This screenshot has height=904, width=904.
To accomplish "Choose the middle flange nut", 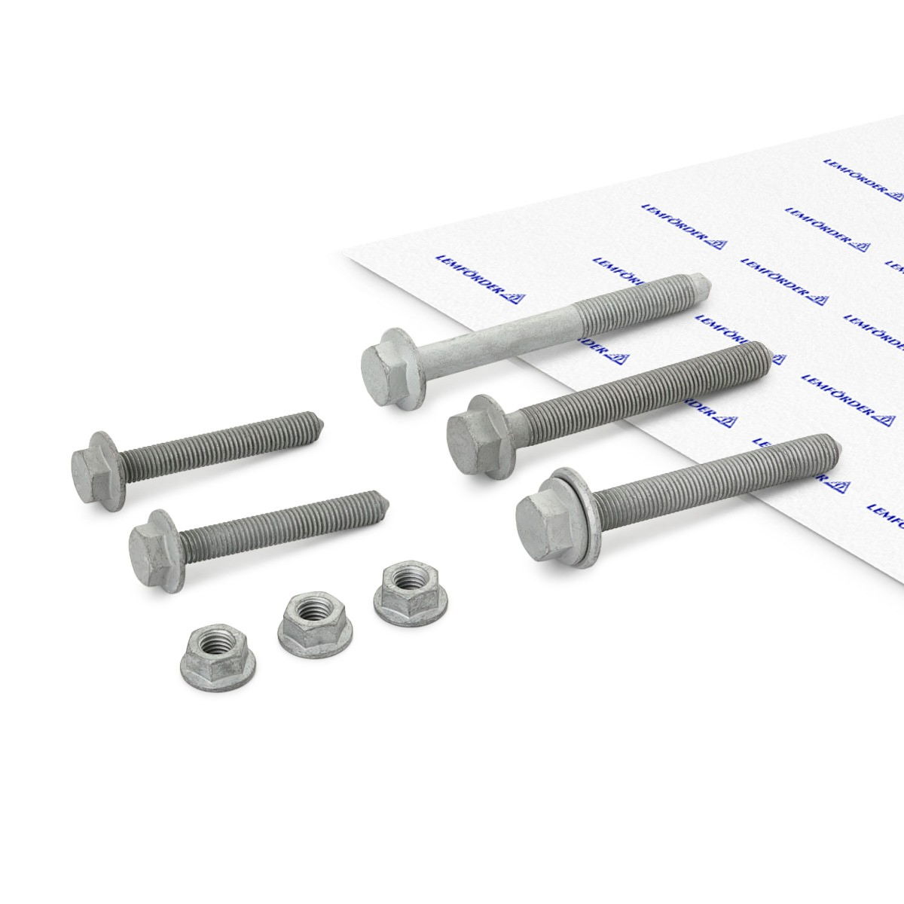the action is click(315, 620).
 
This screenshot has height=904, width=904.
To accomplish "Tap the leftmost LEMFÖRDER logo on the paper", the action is click(481, 279).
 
